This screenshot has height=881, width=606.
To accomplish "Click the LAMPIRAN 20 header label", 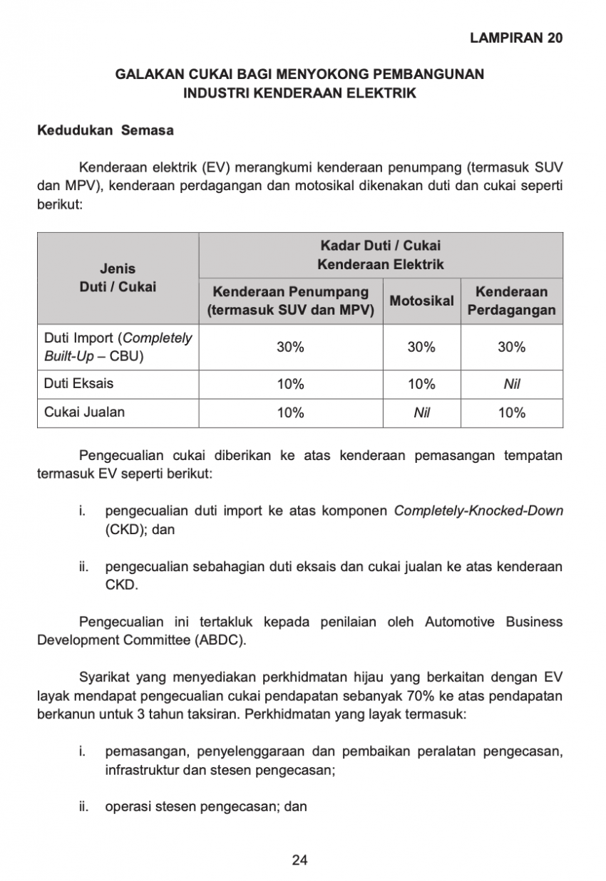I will (516, 38).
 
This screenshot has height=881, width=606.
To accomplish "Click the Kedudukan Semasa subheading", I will (105, 131).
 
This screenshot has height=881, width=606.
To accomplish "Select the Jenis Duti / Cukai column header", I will (118, 278).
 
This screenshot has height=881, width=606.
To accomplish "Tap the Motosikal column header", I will (421, 301).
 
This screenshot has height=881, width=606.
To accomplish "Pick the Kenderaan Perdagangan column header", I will (511, 301).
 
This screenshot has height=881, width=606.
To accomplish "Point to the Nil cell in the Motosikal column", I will (421, 412).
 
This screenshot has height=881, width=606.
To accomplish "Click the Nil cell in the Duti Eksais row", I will (511, 384).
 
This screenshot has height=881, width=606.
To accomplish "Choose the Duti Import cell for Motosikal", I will (421, 347).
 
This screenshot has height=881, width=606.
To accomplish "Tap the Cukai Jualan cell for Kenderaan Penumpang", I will (290, 412).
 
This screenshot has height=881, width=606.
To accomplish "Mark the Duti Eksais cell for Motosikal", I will (421, 384).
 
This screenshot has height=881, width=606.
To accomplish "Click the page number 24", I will (299, 860).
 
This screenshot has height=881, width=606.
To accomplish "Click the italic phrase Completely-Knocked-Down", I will (478, 511).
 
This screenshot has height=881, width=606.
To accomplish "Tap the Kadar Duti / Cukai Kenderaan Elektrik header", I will (380, 255).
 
